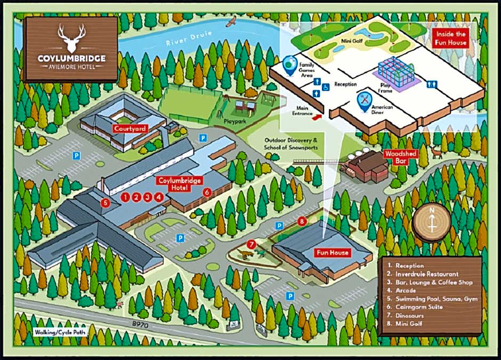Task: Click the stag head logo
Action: (71, 37)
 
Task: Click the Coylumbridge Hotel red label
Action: (180, 183)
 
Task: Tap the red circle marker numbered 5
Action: (106, 203)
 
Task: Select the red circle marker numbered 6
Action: (207, 191)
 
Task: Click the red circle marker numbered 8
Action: (302, 221)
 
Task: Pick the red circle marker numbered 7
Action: (252, 244)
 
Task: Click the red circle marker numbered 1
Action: (125, 197)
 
